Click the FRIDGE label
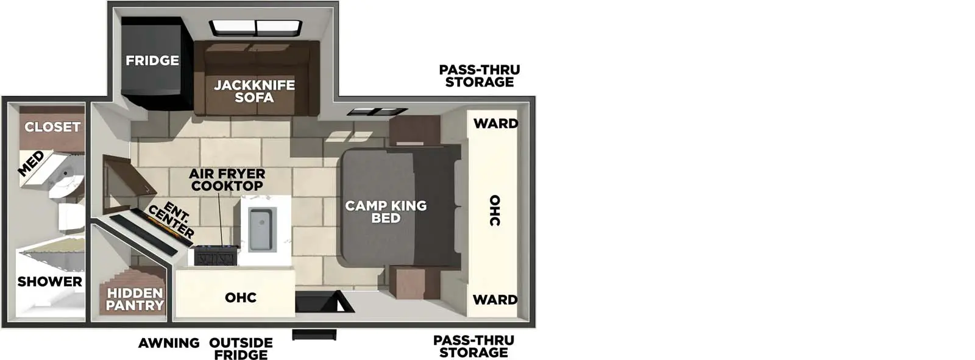click(152, 60)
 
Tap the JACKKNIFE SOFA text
click(254, 91)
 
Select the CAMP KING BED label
click(386, 212)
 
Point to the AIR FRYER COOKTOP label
click(227, 180)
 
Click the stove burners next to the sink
click(216, 256)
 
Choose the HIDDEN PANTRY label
click(135, 299)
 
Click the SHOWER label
click(49, 281)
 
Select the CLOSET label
click(52, 127)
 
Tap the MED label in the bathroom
click(31, 163)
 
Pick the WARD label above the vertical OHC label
click(495, 124)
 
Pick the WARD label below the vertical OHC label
click(495, 300)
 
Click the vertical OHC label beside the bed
click(495, 211)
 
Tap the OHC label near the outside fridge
click(241, 298)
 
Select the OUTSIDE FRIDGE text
click(241, 349)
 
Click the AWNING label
click(169, 343)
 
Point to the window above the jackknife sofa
click(256, 28)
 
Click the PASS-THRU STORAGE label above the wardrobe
click(480, 76)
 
